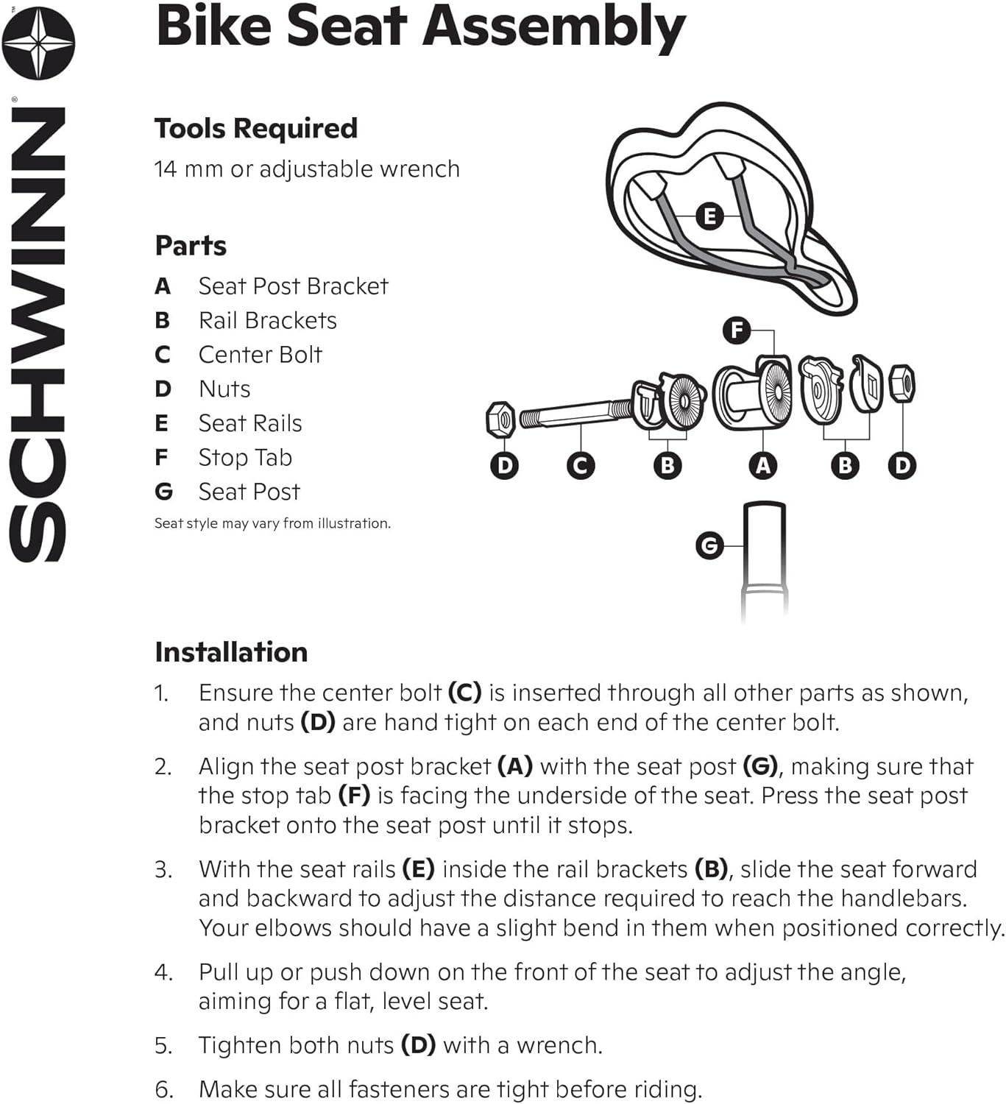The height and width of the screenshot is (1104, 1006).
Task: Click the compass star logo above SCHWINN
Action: point(38,43)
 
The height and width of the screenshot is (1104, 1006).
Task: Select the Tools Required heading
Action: point(255,128)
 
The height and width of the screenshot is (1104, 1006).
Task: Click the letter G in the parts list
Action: point(163,492)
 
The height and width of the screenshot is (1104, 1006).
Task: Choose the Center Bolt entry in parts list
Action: point(260,355)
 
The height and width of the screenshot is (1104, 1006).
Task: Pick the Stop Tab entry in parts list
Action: point(245,458)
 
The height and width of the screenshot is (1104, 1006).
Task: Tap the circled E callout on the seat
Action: point(709,216)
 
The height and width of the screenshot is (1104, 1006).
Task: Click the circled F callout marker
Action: point(737,330)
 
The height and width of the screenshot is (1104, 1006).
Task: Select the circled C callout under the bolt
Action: point(581,465)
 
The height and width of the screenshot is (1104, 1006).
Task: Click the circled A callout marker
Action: point(763,465)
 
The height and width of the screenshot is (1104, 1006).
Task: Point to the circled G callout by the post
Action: point(709,545)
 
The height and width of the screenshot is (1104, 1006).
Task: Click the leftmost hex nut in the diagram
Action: point(501,420)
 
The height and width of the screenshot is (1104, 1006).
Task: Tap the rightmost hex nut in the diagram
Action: point(902,383)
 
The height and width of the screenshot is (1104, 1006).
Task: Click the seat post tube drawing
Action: point(765,559)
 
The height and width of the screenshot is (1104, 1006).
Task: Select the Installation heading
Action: point(231,652)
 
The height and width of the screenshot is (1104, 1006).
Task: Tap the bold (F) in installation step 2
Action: point(355,796)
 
